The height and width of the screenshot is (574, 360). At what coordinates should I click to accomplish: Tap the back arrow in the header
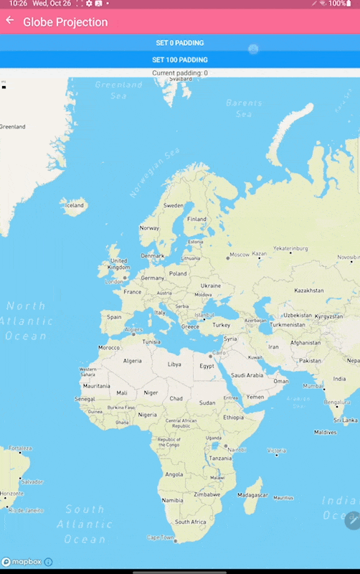pyautogui.click(x=9, y=21)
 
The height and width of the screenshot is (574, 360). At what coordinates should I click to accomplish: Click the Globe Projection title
pyautogui.click(x=65, y=22)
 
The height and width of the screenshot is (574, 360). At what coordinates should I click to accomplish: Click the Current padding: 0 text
pyautogui.click(x=180, y=73)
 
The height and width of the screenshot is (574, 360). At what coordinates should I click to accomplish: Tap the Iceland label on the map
pyautogui.click(x=75, y=205)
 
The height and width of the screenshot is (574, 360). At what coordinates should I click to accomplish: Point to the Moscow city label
pyautogui.click(x=238, y=255)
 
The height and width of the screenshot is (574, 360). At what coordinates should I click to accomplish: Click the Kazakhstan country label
pyautogui.click(x=308, y=291)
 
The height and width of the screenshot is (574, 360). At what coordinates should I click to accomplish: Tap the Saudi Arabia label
pyautogui.click(x=247, y=375)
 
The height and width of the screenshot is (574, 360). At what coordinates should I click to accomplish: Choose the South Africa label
pyautogui.click(x=191, y=522)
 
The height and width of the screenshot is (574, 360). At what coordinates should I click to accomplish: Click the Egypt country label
pyautogui.click(x=207, y=366)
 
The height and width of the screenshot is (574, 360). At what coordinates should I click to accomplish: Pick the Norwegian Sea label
pyautogui.click(x=153, y=173)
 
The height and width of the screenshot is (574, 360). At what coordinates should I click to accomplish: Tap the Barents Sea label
pyautogui.click(x=244, y=108)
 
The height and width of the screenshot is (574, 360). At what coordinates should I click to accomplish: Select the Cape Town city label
pyautogui.click(x=160, y=537)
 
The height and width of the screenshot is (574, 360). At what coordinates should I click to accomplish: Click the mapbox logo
pyautogui.click(x=21, y=562)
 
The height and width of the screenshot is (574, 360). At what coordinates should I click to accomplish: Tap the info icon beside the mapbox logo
pyautogui.click(x=49, y=562)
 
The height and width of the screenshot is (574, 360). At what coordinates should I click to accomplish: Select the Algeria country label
pyautogui.click(x=133, y=361)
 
